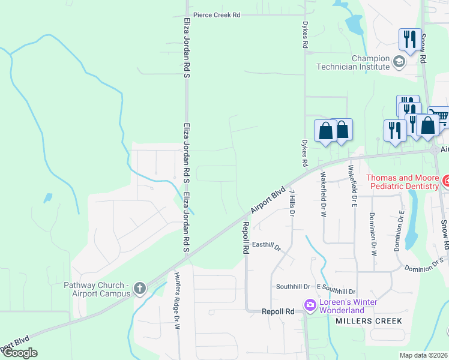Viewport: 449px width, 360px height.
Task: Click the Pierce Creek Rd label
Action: coord(216,15)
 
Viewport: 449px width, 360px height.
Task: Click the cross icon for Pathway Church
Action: coord(139,289)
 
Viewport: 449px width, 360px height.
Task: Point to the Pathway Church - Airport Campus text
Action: coord(97,289)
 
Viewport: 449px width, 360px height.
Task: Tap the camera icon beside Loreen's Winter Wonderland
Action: coord(310,306)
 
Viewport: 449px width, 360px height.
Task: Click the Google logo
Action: coord(20,353)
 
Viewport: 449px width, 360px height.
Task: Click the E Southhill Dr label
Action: coord(336,290)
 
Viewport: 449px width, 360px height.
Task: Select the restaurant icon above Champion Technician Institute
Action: coord(410,40)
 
